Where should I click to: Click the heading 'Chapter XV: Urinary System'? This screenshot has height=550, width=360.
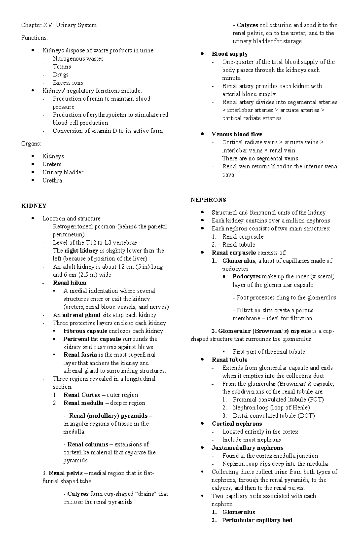59,25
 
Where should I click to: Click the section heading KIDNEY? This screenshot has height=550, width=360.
34,206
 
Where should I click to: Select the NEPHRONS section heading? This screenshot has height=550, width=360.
208,200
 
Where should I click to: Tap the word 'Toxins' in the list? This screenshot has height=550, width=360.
62,67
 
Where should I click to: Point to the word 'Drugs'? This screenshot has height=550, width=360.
61,75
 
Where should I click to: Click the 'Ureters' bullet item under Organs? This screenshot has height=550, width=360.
52,164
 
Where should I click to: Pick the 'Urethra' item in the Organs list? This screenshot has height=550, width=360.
52,180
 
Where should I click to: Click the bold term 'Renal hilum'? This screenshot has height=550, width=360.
70,283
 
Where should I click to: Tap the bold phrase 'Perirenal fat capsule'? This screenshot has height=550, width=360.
92,339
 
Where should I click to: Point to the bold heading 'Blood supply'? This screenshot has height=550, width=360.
229,54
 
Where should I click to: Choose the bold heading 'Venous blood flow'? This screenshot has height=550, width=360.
237,134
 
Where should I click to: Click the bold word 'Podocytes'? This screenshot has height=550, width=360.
247,276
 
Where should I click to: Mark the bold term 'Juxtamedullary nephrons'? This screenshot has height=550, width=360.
247,448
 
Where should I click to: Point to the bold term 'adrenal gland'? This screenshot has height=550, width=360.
81,315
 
